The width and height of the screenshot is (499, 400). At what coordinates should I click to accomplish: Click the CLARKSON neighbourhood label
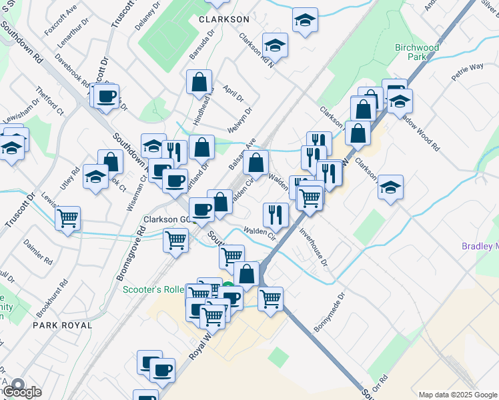(x=223, y=19)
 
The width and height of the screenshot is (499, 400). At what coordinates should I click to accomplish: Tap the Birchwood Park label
(x=417, y=52)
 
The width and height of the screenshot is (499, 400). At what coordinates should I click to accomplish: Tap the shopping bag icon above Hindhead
(x=199, y=83)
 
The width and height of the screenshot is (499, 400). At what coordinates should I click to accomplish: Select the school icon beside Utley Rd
(x=95, y=178)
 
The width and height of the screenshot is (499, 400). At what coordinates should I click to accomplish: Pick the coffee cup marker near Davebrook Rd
(x=106, y=97)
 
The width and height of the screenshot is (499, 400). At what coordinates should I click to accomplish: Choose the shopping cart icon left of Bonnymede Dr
(x=270, y=299)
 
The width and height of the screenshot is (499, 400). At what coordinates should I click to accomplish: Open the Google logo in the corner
(x=21, y=392)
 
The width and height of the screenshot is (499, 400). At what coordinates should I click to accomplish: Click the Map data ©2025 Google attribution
(x=457, y=394)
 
